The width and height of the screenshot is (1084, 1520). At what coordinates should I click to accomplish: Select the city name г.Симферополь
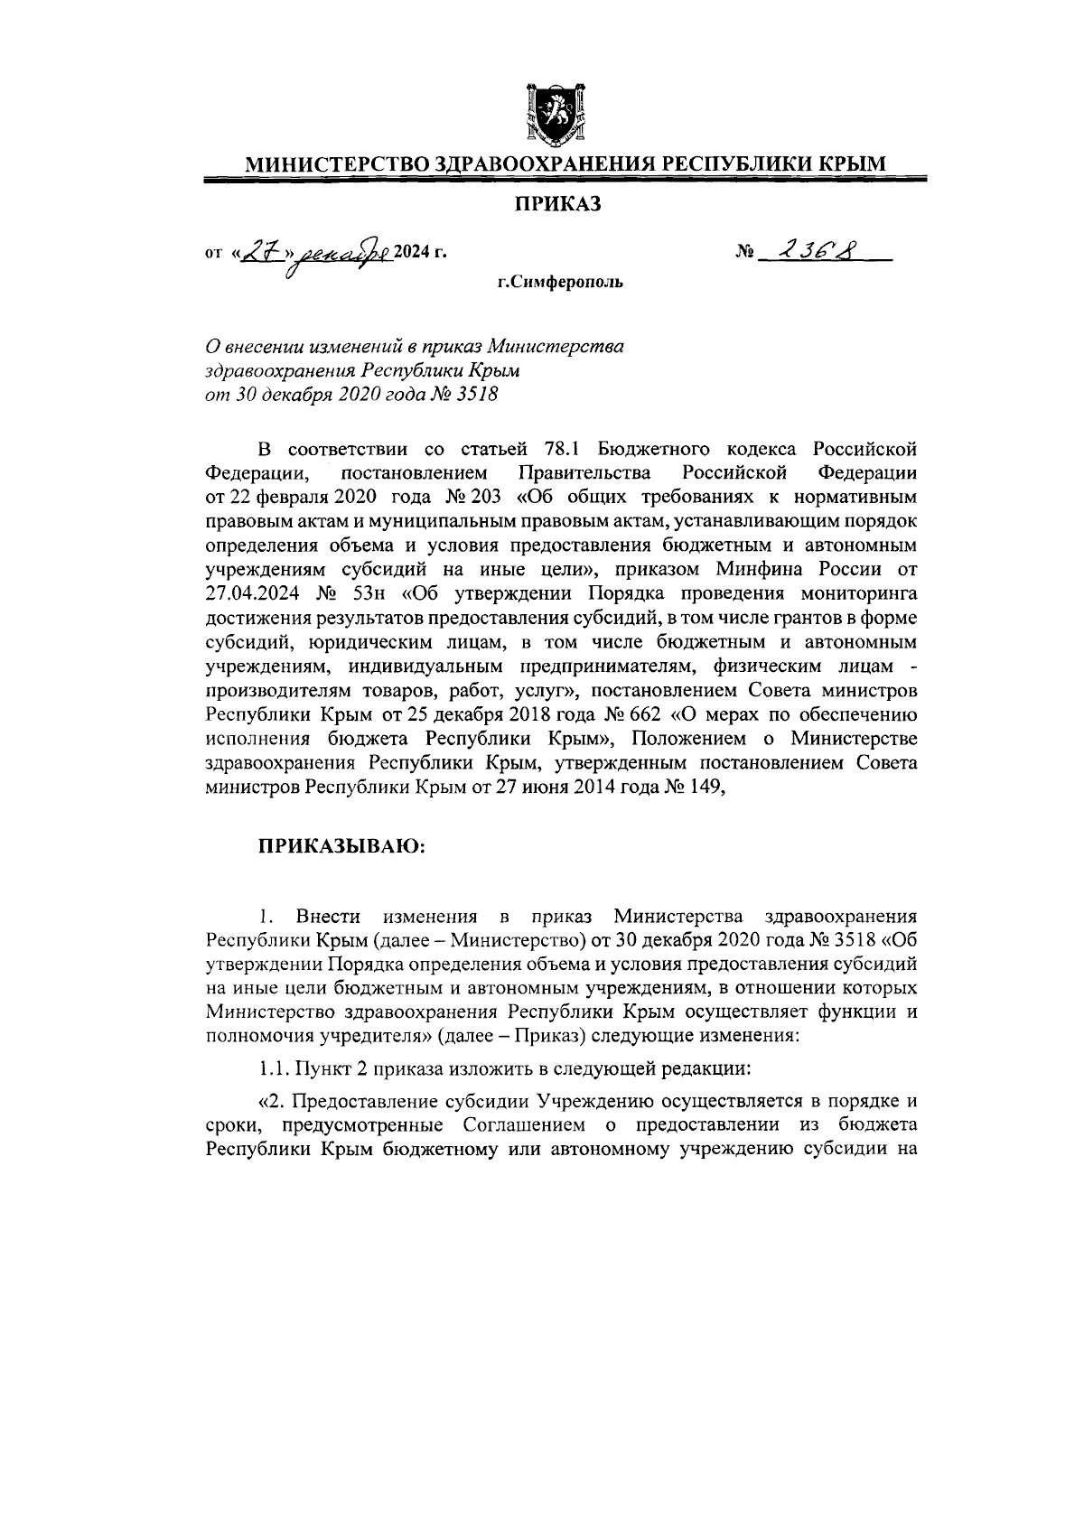(559, 283)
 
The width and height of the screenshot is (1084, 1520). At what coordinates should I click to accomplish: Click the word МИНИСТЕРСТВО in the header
(327, 164)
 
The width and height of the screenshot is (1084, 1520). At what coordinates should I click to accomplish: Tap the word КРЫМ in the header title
(853, 164)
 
